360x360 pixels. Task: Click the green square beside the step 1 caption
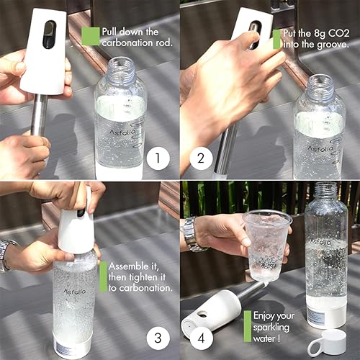[x=90, y=37]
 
